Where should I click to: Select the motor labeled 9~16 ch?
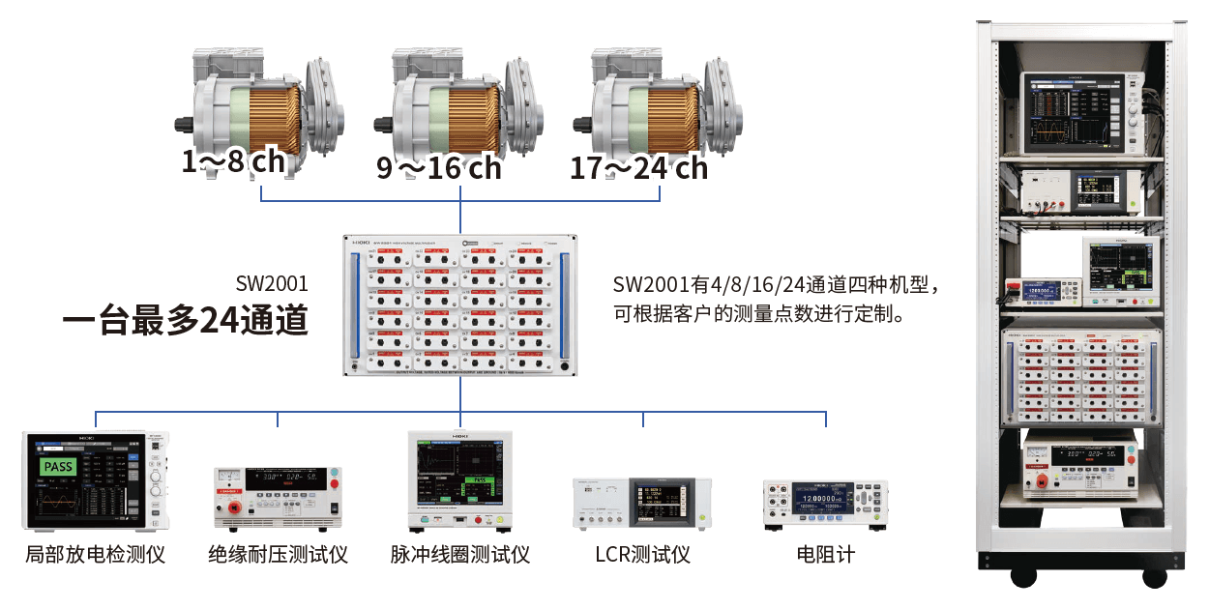pos(460,106)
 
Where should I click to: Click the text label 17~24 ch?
pos(638,167)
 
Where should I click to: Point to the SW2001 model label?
pos(272,283)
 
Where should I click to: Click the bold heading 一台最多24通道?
pos(185,321)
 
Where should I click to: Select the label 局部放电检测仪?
pos(95,555)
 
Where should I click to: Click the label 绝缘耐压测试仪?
pos(278,555)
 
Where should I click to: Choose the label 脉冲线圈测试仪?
pos(460,555)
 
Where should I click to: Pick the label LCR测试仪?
pos(643,555)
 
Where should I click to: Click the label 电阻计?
pos(825,555)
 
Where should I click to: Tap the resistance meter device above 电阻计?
pos(825,502)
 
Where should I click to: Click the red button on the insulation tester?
pos(335,480)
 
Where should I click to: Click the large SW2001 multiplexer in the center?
pos(460,304)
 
